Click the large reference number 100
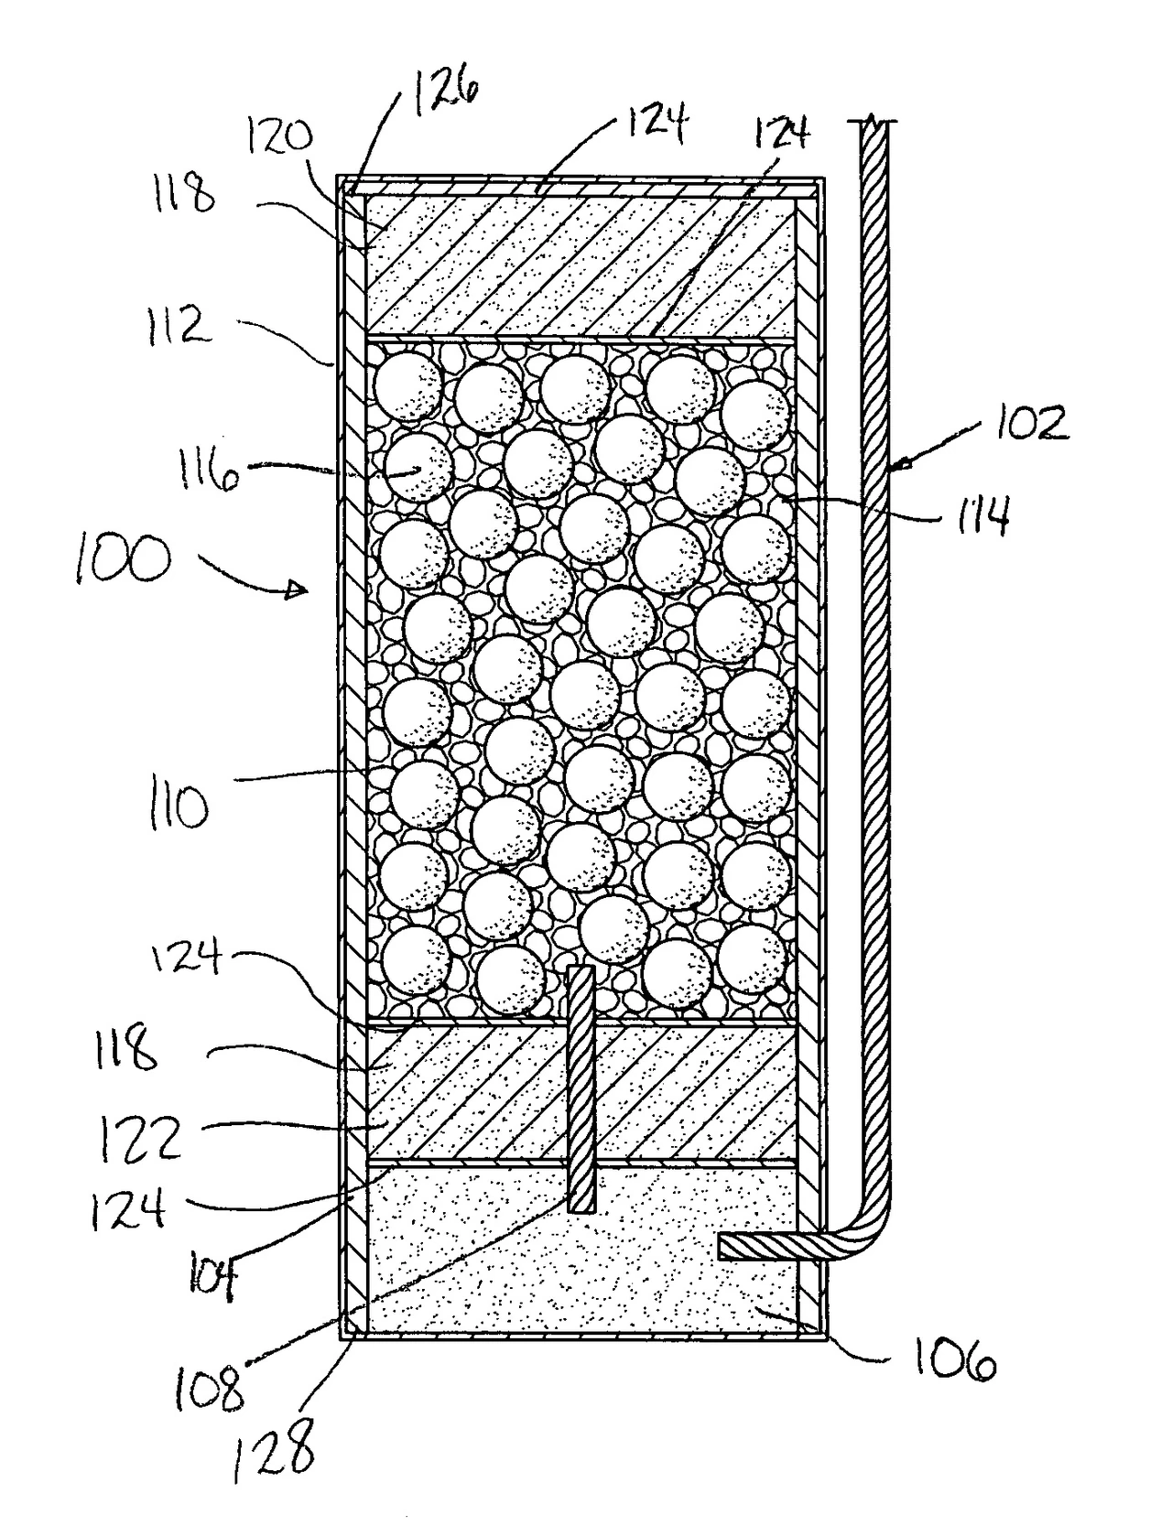tap(124, 559)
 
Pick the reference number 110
tap(178, 807)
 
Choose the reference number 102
tap(1033, 421)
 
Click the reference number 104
tap(212, 1281)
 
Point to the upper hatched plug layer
tap(581, 266)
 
